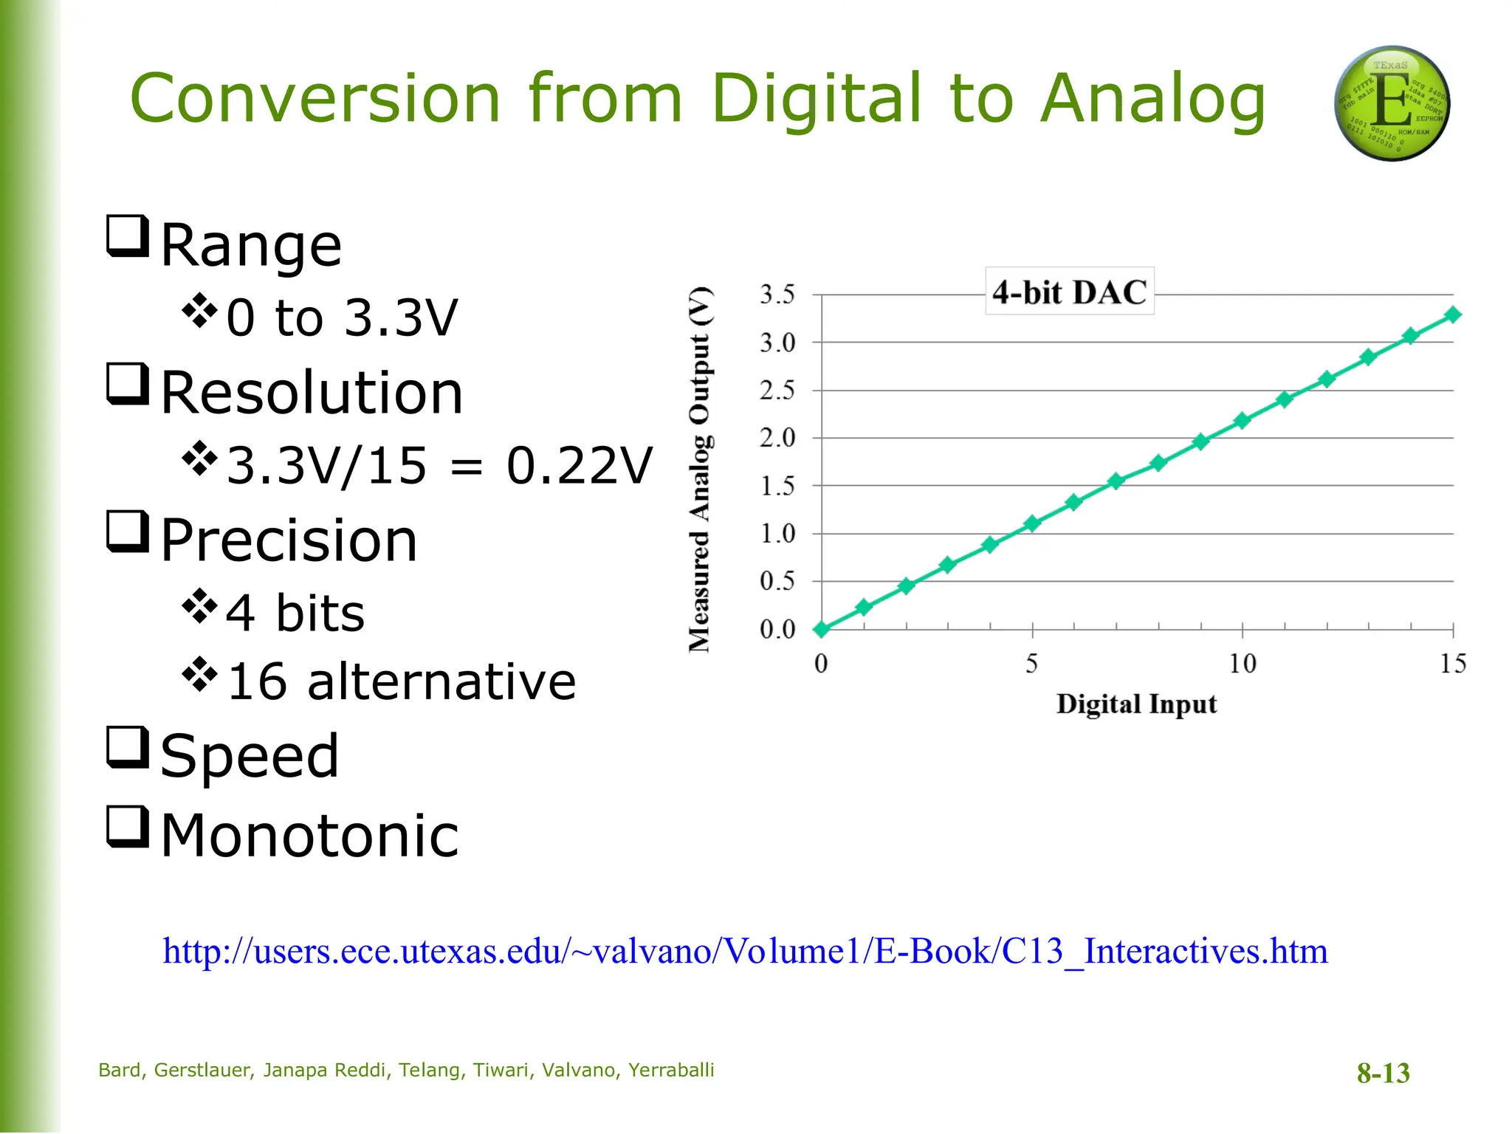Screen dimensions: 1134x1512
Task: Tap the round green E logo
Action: [x=1392, y=104]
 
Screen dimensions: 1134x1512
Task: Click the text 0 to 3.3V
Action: [x=342, y=317]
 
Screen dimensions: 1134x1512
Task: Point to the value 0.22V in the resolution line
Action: [x=580, y=466]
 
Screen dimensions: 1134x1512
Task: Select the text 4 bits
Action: [x=295, y=613]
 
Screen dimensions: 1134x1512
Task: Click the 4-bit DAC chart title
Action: [x=1069, y=292]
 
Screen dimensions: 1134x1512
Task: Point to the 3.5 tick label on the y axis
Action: [x=777, y=295]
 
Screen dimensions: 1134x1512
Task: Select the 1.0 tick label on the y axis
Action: [x=777, y=533]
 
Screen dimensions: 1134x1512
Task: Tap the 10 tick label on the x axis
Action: [x=1243, y=664]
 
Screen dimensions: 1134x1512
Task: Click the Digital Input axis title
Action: [x=1136, y=704]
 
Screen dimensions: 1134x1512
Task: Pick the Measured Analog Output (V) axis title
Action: [x=700, y=470]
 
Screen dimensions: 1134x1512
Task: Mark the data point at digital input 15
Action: [x=1453, y=315]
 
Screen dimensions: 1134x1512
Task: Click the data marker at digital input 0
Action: [x=821, y=629]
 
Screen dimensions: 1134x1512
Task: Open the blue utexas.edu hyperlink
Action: [x=745, y=951]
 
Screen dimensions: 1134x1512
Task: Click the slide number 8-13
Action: [x=1383, y=1073]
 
